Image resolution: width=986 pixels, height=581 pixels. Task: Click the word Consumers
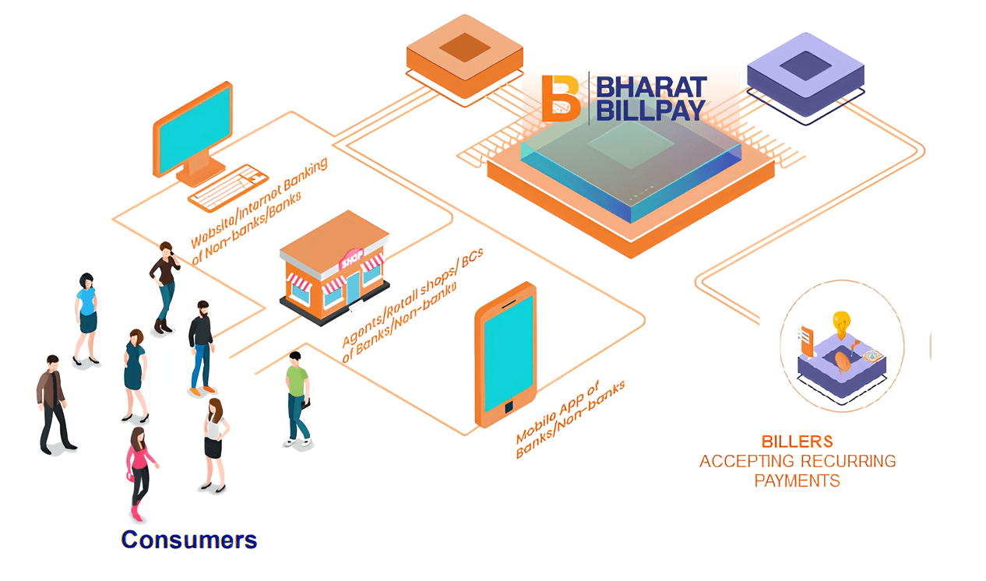click(x=188, y=539)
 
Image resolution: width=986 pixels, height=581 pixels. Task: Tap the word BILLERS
click(x=798, y=442)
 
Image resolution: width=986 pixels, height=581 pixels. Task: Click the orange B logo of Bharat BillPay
click(x=561, y=98)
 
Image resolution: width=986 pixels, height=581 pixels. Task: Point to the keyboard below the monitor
click(x=227, y=187)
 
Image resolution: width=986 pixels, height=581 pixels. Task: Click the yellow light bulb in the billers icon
click(x=842, y=321)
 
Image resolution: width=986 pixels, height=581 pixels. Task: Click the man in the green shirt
click(x=297, y=397)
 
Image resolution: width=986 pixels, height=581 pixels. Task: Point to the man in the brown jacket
click(x=53, y=401)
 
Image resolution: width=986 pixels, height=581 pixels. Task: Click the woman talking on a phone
click(x=164, y=284)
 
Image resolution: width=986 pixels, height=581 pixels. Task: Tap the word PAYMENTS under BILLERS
click(x=797, y=481)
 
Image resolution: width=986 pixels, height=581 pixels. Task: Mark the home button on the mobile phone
click(x=509, y=407)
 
